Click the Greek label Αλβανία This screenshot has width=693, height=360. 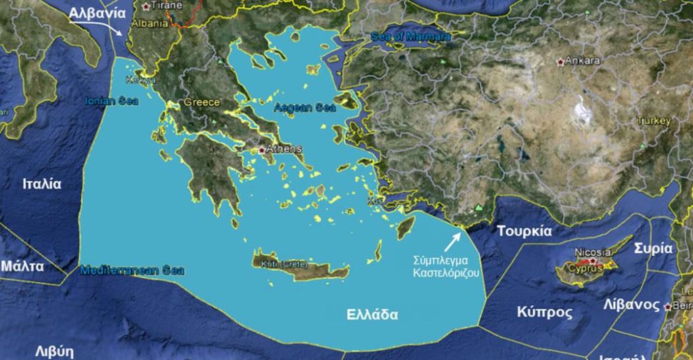tap(97, 13)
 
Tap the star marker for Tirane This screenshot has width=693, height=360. tap(146, 5)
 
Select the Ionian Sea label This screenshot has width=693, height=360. tap(112, 102)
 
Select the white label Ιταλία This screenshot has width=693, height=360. tap(42, 184)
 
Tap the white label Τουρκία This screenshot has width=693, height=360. tap(524, 231)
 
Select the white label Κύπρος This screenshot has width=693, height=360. tap(545, 313)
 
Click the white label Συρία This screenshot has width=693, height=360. tap(653, 248)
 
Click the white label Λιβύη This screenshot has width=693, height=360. tap(54, 351)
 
